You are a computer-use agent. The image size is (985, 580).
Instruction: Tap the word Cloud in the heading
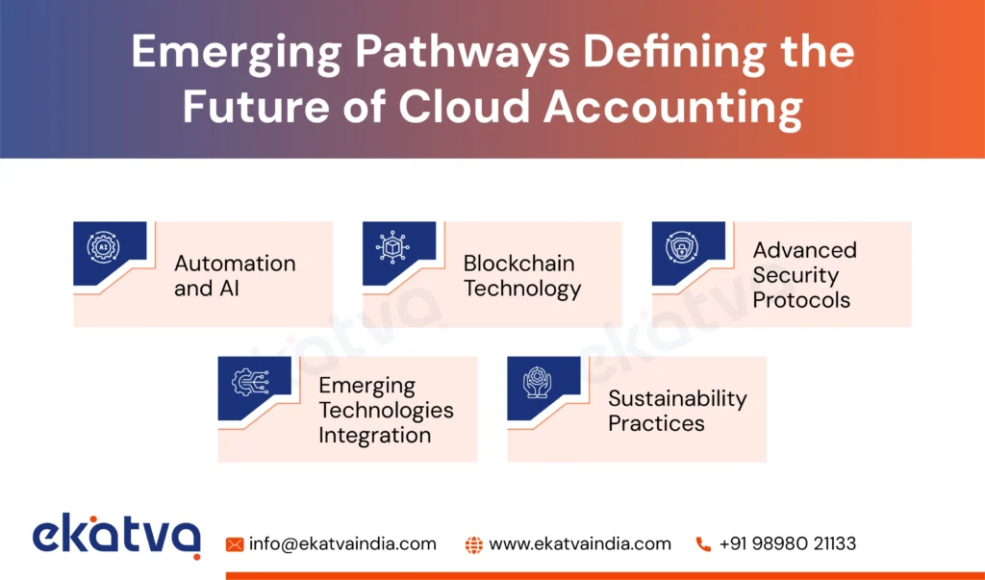[466, 109]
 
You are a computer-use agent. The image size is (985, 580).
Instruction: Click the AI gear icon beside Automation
[103, 247]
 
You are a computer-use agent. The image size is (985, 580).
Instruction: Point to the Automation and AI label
[234, 275]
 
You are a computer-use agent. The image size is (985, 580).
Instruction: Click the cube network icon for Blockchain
[392, 247]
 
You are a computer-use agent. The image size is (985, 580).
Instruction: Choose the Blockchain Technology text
[521, 275]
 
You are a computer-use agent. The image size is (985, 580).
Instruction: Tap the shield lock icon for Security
[682, 247]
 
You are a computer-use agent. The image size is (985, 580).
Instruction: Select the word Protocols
[801, 300]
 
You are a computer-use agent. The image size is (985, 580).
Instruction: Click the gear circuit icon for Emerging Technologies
[247, 383]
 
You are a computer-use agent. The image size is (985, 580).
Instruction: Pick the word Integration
[374, 435]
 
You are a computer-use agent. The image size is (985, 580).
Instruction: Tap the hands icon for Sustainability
[537, 383]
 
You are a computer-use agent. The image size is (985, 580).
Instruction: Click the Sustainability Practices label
[677, 411]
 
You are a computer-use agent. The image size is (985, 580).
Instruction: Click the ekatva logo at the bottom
[116, 537]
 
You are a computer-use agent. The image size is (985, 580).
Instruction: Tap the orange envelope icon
[235, 544]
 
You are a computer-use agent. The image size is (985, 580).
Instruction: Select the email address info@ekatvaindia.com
[342, 543]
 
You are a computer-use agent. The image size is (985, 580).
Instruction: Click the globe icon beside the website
[473, 544]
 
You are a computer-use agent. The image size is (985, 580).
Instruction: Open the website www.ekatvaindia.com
[580, 543]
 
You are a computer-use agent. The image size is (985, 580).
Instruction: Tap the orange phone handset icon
[703, 544]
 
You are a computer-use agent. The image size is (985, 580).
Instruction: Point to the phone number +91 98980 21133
[787, 543]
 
